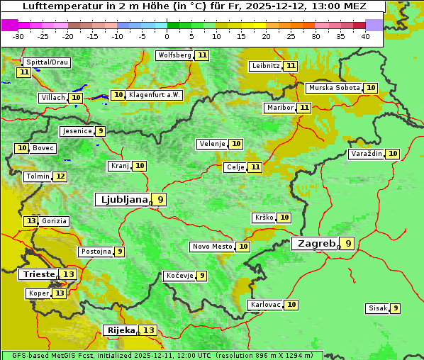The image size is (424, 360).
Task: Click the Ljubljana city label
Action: [x=123, y=200]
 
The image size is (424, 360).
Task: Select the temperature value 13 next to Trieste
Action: [x=69, y=274]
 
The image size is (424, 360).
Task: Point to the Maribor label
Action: [x=279, y=108]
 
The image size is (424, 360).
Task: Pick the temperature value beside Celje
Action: [x=255, y=167]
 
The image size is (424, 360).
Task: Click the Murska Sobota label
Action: [x=333, y=88]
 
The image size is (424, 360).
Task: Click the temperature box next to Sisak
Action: [x=395, y=308]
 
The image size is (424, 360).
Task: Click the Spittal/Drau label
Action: [x=47, y=62]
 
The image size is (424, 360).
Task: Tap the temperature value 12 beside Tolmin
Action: [x=60, y=176]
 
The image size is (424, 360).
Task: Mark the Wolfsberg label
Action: [x=174, y=55]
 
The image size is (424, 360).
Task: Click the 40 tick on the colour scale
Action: [x=365, y=36]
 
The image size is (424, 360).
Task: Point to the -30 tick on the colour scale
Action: [x=18, y=36]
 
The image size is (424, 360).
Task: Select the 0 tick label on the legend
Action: [x=167, y=36]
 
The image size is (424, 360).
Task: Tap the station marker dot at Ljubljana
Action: [x=151, y=203]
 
